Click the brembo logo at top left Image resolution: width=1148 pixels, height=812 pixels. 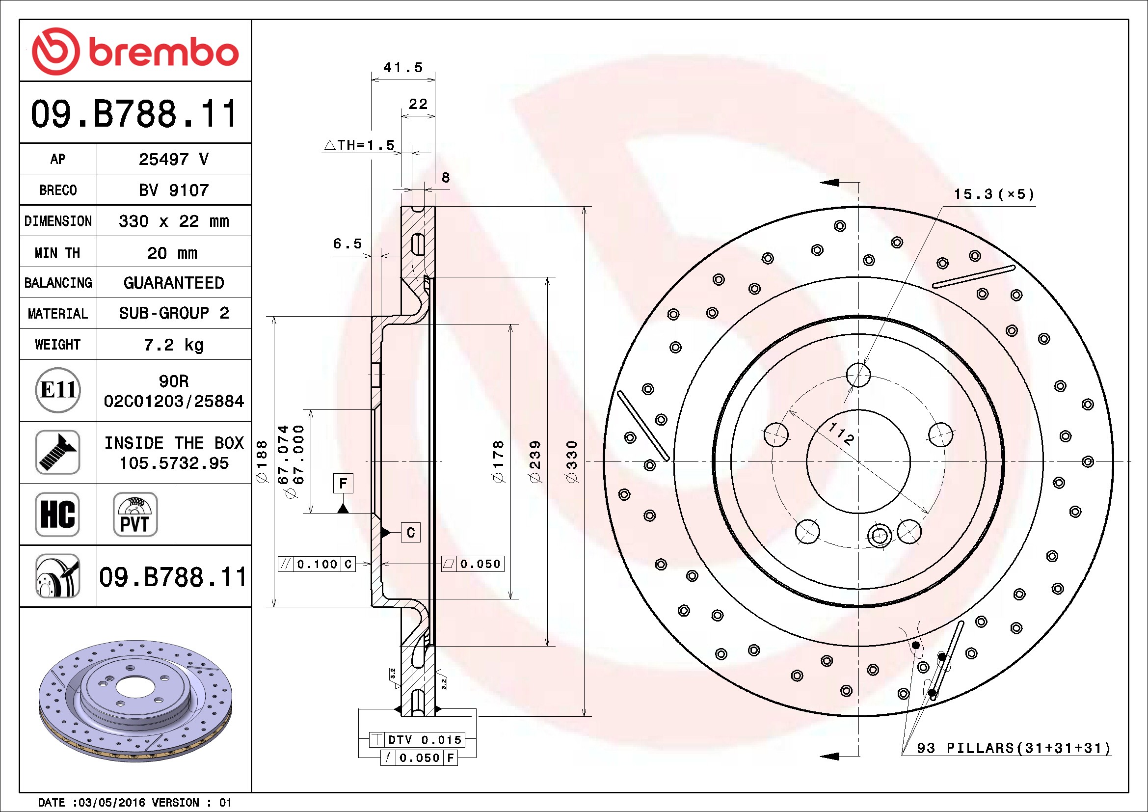[x=135, y=52]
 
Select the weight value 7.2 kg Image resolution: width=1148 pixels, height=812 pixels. [x=173, y=345]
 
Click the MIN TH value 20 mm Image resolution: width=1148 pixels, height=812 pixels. [x=172, y=253]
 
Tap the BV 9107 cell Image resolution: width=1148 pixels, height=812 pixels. [x=173, y=190]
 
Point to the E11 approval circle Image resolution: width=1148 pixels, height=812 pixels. [x=58, y=390]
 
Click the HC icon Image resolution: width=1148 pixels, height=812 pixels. [x=57, y=514]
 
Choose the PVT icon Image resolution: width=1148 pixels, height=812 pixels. [x=135, y=514]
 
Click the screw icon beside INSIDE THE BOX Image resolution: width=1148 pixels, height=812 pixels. [x=57, y=452]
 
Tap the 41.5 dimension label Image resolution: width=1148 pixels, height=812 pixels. [x=403, y=67]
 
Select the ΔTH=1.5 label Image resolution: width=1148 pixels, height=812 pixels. [x=359, y=145]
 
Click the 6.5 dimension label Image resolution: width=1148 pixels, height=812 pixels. [x=347, y=244]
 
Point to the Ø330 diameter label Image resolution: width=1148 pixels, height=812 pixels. [x=572, y=461]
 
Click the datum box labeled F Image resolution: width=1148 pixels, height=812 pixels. [x=343, y=483]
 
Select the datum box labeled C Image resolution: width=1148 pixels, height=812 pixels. [x=410, y=533]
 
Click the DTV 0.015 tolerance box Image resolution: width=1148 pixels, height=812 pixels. [x=417, y=739]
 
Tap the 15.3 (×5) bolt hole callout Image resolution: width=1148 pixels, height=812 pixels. [x=994, y=194]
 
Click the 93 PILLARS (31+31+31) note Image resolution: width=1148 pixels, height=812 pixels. [x=1014, y=748]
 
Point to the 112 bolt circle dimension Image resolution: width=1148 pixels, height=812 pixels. [x=842, y=433]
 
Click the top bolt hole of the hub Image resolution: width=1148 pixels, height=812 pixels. [x=858, y=375]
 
